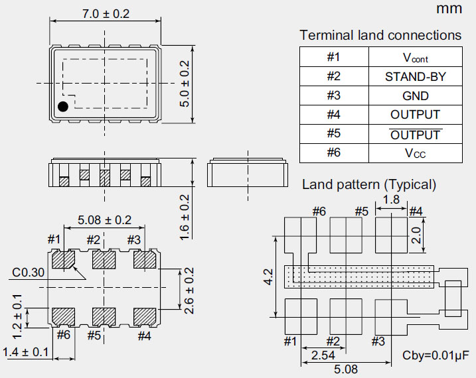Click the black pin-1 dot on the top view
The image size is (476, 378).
63,107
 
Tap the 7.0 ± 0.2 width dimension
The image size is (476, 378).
104,13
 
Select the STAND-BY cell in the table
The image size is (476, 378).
415,76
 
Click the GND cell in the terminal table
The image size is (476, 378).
415,95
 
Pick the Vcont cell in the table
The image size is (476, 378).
415,58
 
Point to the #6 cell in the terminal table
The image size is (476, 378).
333,153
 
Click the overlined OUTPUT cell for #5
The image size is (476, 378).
415,135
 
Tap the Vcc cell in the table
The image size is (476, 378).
415,153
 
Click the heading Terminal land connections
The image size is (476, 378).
380,35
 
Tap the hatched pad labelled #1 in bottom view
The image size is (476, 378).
63,259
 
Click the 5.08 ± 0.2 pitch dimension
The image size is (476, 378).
104,220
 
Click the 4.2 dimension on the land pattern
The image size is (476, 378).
266,277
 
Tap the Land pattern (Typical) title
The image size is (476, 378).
368,184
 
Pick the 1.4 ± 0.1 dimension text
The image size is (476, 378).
27,352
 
